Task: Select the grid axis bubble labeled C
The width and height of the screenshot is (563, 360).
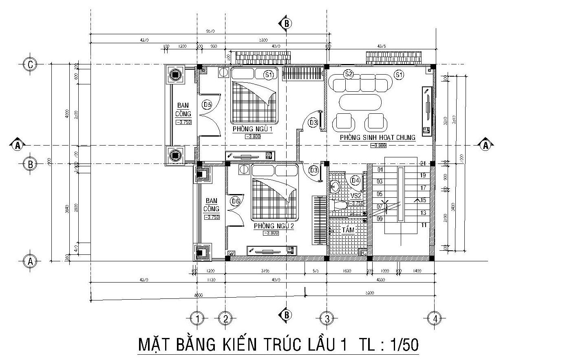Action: [x=30, y=64]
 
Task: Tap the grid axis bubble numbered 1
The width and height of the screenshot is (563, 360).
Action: [x=198, y=318]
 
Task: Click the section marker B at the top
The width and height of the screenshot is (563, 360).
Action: [x=286, y=24]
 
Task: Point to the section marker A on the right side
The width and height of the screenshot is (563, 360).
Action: [x=485, y=145]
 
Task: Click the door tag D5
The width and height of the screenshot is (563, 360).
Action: [x=208, y=105]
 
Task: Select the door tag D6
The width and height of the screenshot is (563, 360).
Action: [x=235, y=201]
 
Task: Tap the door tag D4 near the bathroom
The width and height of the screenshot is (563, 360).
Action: [x=355, y=180]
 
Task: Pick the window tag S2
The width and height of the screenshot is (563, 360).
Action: [x=348, y=74]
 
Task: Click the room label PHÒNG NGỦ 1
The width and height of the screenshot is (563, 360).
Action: [x=252, y=129]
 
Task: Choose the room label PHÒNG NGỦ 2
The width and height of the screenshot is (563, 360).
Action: [x=274, y=226]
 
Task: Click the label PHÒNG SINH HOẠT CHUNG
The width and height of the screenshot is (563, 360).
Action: [x=378, y=138]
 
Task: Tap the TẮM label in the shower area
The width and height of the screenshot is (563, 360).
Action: [x=348, y=230]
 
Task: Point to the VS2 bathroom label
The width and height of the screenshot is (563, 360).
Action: [x=356, y=196]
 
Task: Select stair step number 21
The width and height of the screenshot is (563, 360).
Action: [x=423, y=163]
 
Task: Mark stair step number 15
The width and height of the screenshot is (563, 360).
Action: [x=423, y=200]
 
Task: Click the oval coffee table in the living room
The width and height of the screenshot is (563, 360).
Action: [x=360, y=102]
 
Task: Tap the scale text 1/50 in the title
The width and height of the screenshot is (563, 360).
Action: [x=404, y=345]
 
